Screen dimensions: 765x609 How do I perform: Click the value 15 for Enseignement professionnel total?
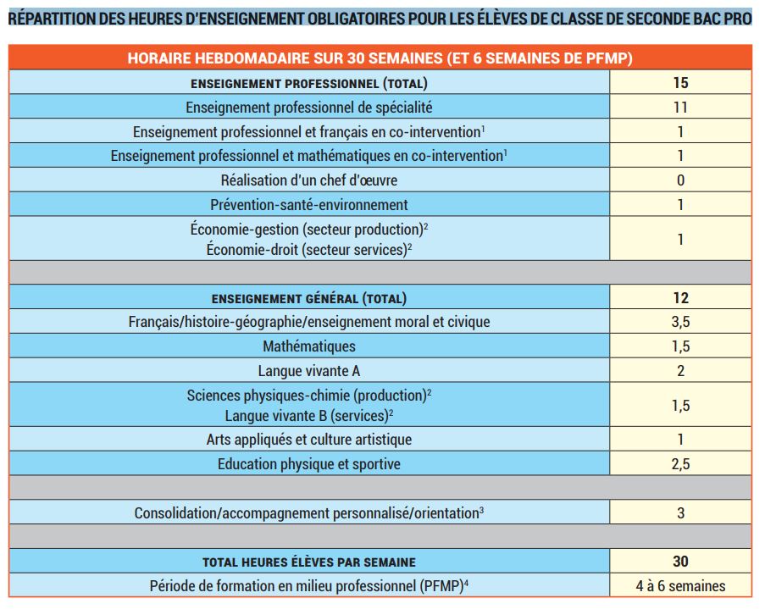(x=680, y=82)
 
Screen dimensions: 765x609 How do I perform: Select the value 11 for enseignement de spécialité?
(x=680, y=107)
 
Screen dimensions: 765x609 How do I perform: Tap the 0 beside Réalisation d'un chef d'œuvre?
(x=680, y=180)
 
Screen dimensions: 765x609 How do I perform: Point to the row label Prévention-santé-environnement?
(x=309, y=204)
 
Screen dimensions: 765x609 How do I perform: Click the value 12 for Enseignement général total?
(x=680, y=297)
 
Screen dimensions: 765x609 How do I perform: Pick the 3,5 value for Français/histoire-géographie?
(x=680, y=322)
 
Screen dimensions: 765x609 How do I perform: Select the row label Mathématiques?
(x=309, y=346)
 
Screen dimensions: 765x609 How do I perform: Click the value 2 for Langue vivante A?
(x=680, y=371)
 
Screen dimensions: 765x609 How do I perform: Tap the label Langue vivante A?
(x=309, y=371)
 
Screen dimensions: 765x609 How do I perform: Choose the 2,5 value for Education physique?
(x=680, y=464)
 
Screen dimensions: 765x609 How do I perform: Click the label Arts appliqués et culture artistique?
(x=309, y=440)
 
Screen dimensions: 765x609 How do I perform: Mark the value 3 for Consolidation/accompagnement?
(x=680, y=513)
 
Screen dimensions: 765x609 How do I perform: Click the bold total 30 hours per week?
(x=680, y=562)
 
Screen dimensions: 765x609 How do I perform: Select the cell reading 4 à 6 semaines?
(x=680, y=585)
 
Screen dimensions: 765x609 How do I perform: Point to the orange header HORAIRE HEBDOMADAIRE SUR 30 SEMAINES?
(x=380, y=58)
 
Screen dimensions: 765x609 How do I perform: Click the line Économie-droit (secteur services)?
(x=309, y=249)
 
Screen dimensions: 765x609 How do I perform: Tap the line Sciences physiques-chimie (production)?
(x=309, y=396)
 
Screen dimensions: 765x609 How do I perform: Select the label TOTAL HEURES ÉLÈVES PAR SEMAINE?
(x=309, y=562)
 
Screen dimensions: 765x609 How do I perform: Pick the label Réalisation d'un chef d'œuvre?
(x=309, y=180)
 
